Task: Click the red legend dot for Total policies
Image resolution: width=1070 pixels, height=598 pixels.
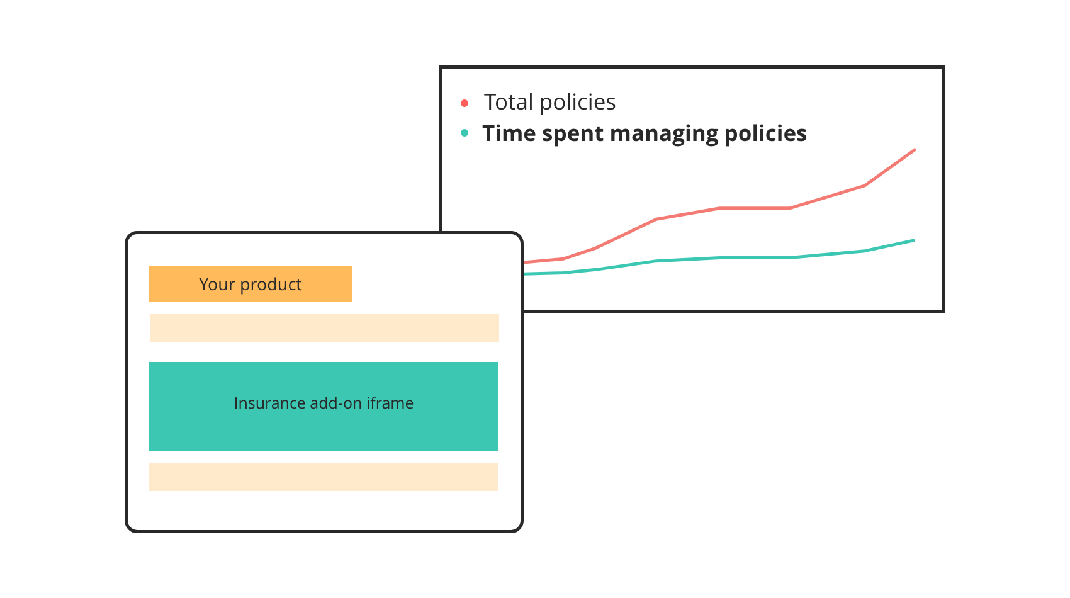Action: tap(465, 103)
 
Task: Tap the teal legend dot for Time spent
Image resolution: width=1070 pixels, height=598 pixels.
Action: tap(465, 133)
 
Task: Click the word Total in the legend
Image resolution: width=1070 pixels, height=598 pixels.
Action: tap(508, 102)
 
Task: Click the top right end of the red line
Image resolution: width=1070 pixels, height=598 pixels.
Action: tap(914, 150)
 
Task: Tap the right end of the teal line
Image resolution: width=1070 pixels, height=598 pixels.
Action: tap(913, 240)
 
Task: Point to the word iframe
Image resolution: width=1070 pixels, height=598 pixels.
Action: tap(390, 403)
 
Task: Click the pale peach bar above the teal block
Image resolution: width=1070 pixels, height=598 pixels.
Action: tap(324, 328)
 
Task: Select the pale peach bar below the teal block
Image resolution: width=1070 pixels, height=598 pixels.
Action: tap(324, 477)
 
